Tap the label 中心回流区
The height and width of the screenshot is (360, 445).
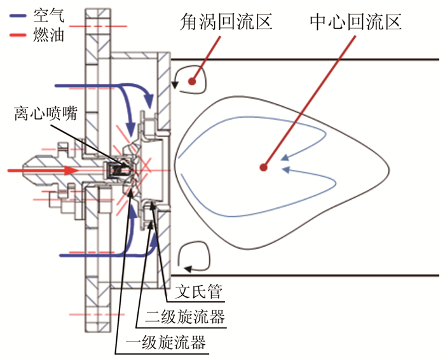(355, 24)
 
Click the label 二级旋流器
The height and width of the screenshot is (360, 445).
(180, 316)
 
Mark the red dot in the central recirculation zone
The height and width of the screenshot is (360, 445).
(263, 168)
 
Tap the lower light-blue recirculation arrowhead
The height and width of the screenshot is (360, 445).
(287, 170)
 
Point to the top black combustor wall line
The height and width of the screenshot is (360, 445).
(305, 60)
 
